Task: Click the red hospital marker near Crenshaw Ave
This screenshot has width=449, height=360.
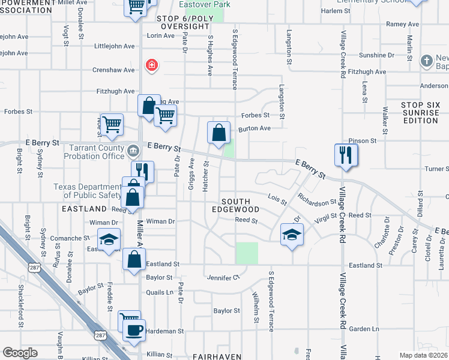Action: click(x=152, y=65)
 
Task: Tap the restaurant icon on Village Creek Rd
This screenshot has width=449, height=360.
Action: click(x=346, y=155)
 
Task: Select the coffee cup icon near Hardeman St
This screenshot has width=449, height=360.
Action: click(x=134, y=328)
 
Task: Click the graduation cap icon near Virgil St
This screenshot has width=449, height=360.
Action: click(x=291, y=234)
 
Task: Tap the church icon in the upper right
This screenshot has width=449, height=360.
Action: click(x=426, y=61)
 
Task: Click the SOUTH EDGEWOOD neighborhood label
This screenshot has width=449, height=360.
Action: click(x=240, y=205)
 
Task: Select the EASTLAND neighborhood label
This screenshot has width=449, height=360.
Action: click(x=84, y=209)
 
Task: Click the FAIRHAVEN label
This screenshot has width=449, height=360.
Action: click(x=217, y=356)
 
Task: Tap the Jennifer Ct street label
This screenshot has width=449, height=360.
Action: click(x=223, y=277)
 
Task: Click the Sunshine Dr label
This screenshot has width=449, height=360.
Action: click(x=376, y=55)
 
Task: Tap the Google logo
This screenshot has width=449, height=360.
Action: click(x=20, y=353)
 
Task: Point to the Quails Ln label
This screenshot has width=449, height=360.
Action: click(x=159, y=293)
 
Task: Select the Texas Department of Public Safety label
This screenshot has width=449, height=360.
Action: click(x=88, y=191)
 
